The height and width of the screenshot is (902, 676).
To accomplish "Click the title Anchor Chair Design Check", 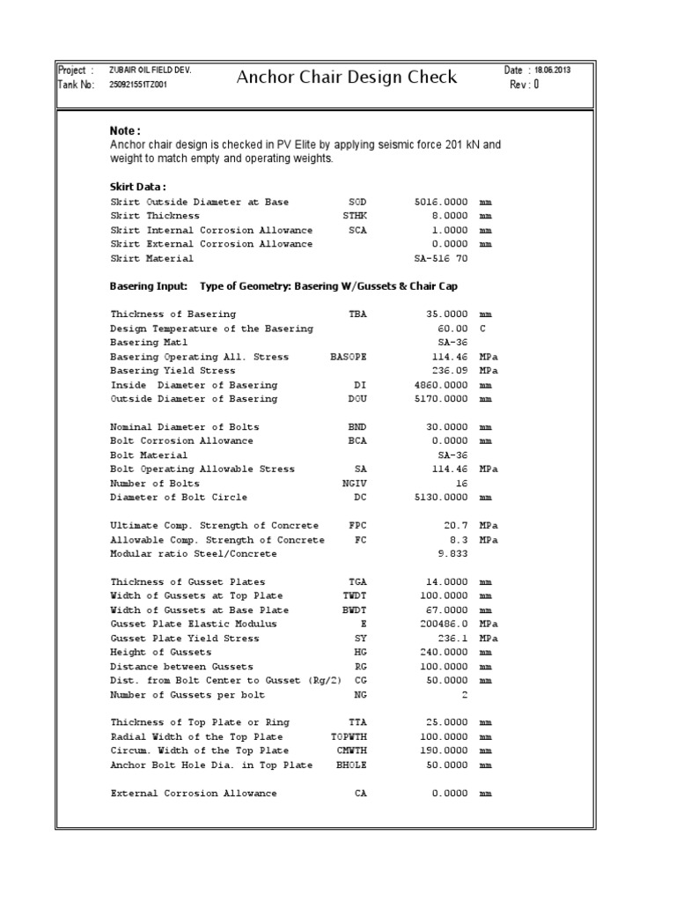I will click(347, 78).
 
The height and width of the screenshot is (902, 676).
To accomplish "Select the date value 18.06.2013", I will click(550, 70).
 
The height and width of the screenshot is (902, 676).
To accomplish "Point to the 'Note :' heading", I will click(125, 131).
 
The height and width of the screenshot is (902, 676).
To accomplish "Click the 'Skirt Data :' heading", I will click(138, 187).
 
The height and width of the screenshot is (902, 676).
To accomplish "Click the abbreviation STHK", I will click(356, 216).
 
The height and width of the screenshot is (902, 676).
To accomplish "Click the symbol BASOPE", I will click(348, 357).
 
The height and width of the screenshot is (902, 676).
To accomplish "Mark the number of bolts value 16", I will click(462, 484).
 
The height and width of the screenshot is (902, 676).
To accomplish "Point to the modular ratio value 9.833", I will click(452, 554).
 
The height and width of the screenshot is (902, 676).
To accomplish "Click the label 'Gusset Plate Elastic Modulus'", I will click(194, 624).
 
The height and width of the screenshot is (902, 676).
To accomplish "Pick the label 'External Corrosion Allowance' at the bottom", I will click(194, 794).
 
